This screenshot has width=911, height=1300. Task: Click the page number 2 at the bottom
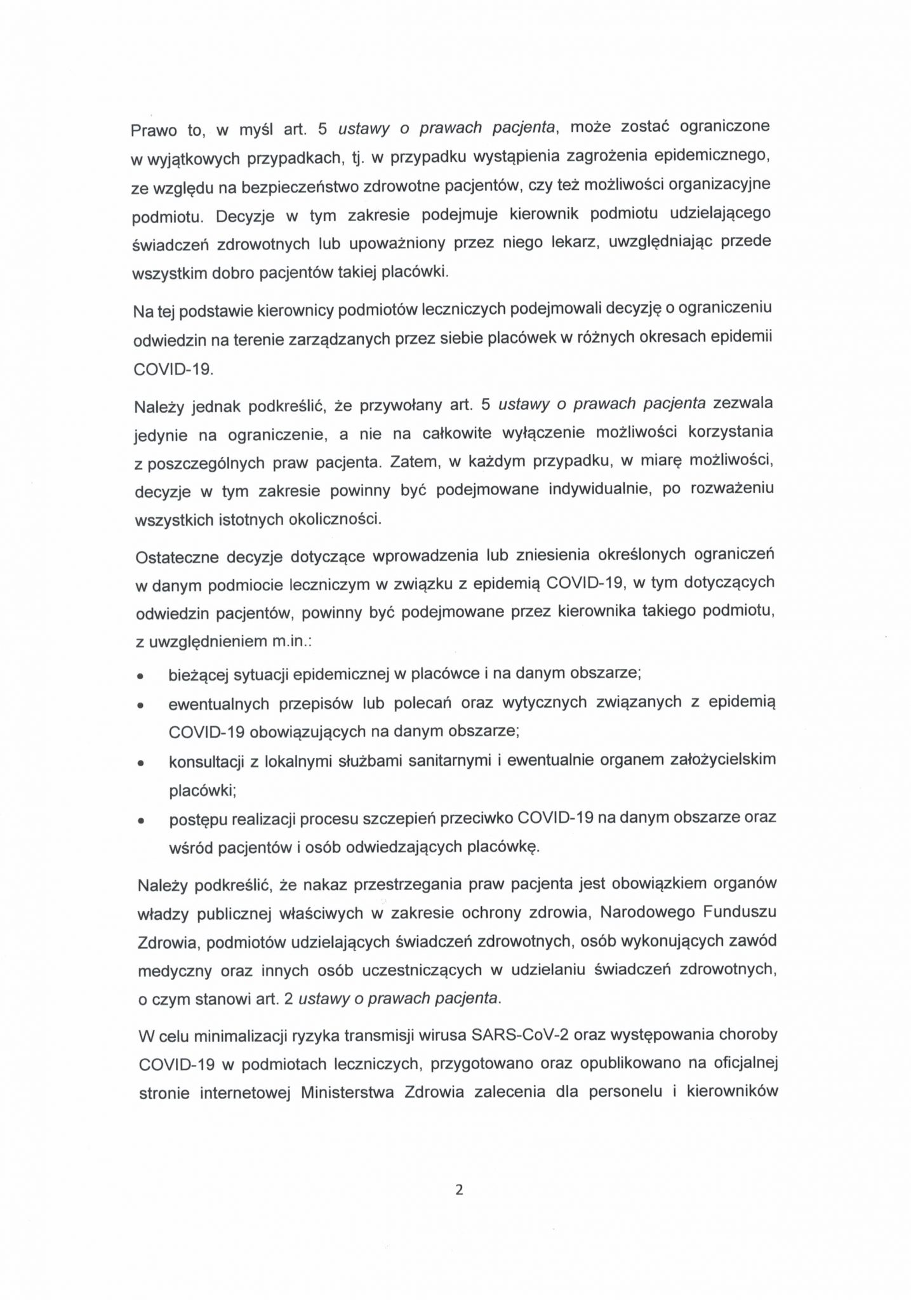pos(459,1190)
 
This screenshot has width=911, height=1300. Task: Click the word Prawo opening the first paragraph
pos(154,130)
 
